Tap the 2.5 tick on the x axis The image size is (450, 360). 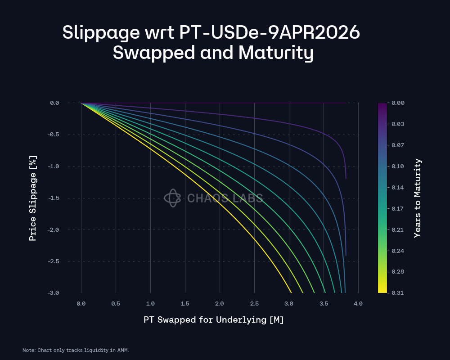[254, 304]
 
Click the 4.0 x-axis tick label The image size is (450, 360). [358, 304]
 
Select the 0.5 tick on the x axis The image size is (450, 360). [116, 304]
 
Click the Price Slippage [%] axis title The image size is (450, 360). [33, 198]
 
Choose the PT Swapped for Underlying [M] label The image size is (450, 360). [214, 320]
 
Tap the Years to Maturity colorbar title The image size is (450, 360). [418, 198]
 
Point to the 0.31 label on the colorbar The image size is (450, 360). [397, 293]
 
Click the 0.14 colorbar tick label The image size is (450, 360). [397, 187]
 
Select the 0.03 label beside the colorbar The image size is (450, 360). [397, 124]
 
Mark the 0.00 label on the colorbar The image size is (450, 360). [397, 103]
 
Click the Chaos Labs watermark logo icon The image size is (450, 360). [172, 198]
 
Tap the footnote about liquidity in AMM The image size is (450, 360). [76, 350]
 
